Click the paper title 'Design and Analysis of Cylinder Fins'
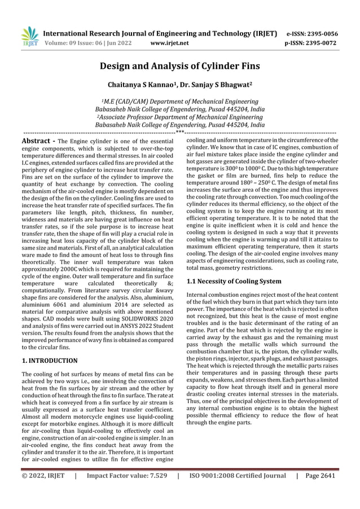pos(179,66)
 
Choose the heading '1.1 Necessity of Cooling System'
pos(234,280)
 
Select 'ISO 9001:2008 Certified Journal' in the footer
pos(237,475)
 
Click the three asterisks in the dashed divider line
pos(179,131)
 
